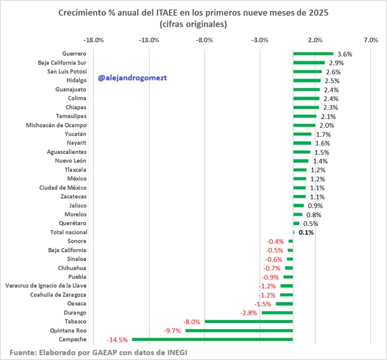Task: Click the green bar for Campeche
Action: (212, 339)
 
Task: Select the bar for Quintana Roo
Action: (239, 330)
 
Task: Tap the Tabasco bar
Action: (249, 321)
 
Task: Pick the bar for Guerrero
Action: (313, 54)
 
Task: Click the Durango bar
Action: (277, 312)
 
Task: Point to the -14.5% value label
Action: (117, 339)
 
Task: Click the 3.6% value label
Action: (345, 54)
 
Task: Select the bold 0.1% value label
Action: (306, 232)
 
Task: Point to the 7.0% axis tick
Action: (370, 40)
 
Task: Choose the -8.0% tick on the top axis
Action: (205, 40)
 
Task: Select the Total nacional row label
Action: (67, 232)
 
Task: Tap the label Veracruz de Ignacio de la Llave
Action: (47, 285)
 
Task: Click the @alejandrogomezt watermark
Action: (130, 78)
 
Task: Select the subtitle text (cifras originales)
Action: (193, 24)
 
